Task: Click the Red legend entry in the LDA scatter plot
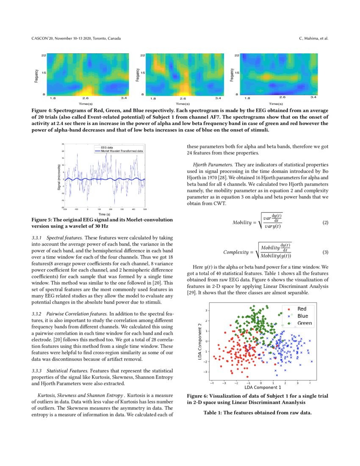point(302,309)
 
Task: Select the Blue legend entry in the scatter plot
point(302,316)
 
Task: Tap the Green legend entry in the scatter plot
point(304,323)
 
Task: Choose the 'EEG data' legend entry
point(106,147)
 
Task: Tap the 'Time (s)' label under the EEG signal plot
point(105,214)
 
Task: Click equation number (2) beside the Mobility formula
point(325,223)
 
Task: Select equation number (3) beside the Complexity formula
point(325,252)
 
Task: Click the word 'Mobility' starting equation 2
point(242,223)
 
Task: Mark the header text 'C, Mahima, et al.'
point(313,39)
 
